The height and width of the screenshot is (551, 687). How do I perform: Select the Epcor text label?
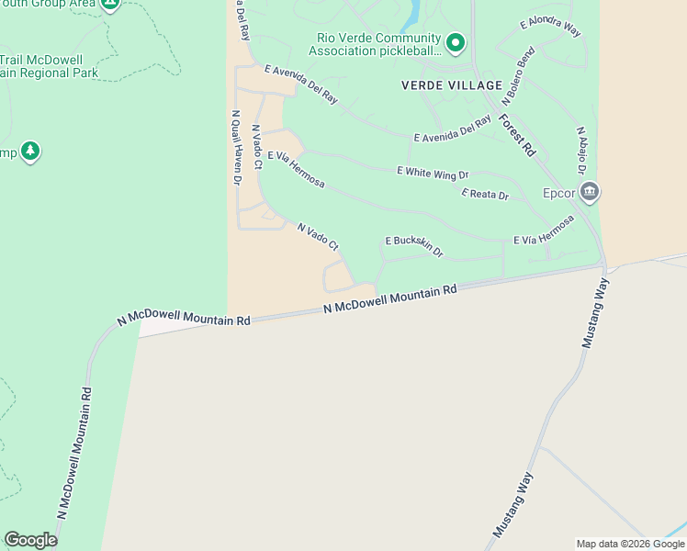[x=558, y=193]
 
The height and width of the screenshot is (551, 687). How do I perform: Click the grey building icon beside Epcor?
[x=590, y=192]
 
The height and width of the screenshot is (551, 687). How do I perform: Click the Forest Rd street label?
[x=518, y=133]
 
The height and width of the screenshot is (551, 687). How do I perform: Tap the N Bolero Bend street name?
[x=518, y=75]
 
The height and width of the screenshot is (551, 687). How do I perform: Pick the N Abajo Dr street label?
[x=581, y=152]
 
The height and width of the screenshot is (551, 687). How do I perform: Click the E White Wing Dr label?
[x=433, y=172]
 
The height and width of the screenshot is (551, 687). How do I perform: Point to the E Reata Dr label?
[x=485, y=194]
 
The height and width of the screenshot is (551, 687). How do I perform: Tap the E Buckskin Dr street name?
[x=414, y=244]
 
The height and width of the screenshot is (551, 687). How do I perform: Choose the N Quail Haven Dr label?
[x=236, y=148]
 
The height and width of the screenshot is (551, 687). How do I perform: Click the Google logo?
[x=30, y=540]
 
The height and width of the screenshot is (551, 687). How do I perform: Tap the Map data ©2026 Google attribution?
[x=630, y=544]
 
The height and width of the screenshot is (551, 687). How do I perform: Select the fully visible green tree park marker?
[x=30, y=151]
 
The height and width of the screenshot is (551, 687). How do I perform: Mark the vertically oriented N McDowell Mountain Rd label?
[x=74, y=452]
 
